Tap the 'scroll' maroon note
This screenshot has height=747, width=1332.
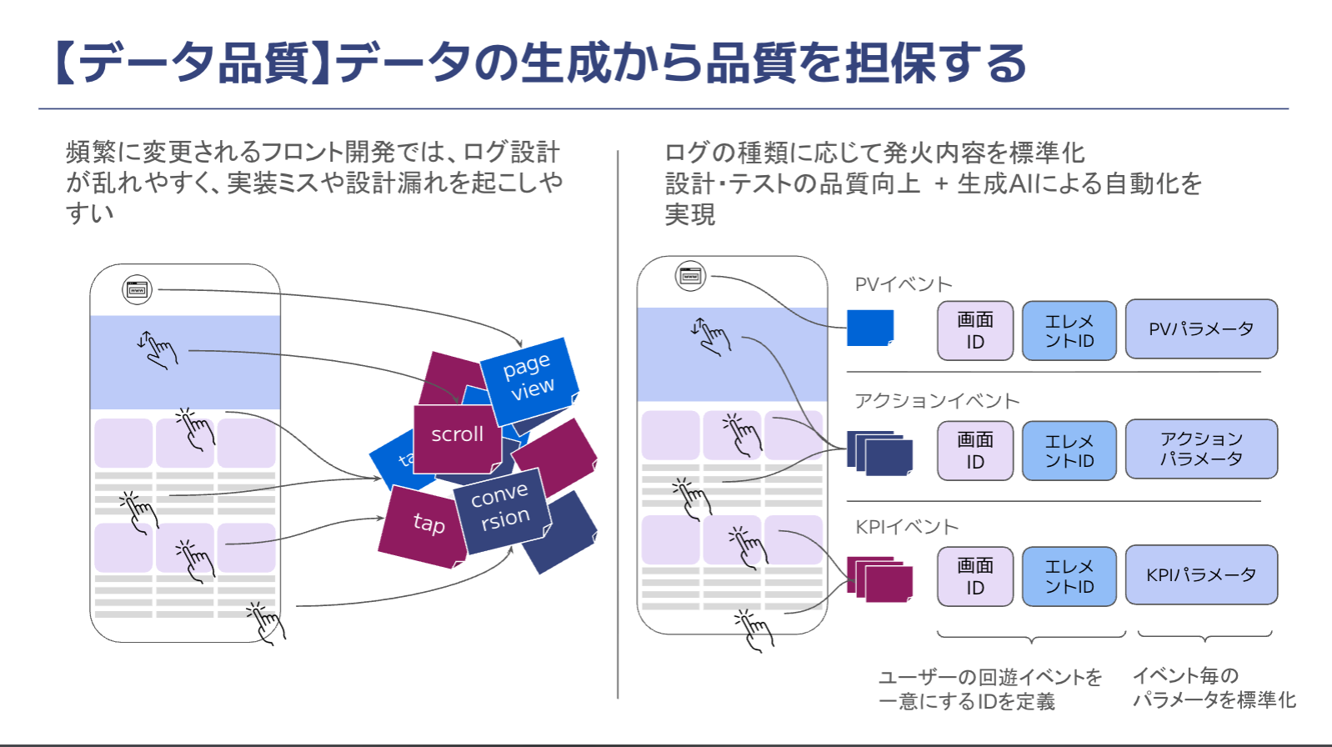457,437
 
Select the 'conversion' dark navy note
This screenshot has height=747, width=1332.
500,509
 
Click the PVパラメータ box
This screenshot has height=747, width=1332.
1201,329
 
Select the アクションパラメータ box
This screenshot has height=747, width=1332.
1201,449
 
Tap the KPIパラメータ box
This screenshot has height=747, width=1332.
1201,574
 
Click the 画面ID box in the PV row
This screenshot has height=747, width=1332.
975,331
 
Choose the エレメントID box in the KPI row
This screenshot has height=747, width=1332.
1069,576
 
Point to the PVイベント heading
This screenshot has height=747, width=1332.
904,284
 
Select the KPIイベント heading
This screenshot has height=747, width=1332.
907,527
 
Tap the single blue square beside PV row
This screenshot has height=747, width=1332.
870,328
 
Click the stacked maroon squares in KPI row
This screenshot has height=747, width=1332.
880,579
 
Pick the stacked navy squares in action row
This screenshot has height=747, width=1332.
880,453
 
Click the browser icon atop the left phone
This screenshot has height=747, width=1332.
138,289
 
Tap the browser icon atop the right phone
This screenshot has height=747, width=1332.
690,276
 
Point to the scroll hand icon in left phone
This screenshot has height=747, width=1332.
158,348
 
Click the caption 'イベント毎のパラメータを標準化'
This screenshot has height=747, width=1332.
1214,688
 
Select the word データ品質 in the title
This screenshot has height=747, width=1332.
194,63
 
